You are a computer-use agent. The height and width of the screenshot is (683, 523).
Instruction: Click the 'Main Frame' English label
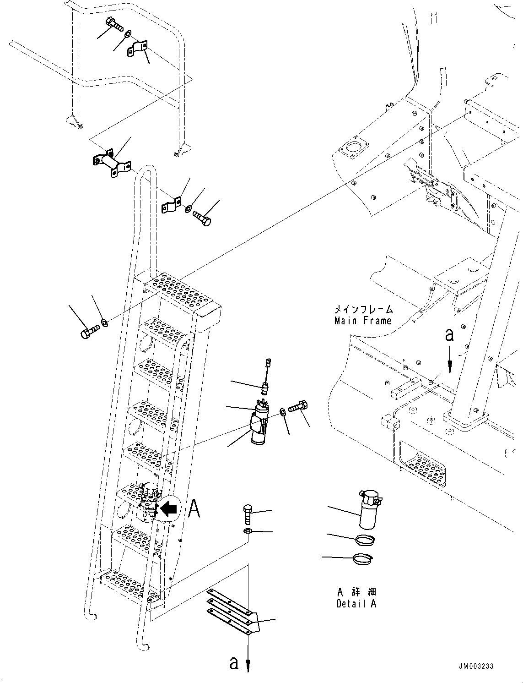tap(363, 321)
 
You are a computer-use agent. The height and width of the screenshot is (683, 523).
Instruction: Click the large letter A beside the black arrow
tap(194, 508)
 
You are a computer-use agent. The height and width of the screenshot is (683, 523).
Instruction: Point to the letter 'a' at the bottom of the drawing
tap(234, 662)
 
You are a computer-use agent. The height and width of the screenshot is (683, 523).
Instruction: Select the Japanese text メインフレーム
tap(363, 310)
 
